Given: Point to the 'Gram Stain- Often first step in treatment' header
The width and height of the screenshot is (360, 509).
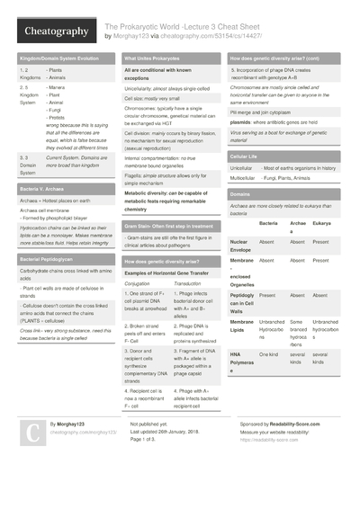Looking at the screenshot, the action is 168,226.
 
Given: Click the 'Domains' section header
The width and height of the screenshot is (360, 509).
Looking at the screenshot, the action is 240,193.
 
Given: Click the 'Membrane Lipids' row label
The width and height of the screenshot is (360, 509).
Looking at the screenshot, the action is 244,326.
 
